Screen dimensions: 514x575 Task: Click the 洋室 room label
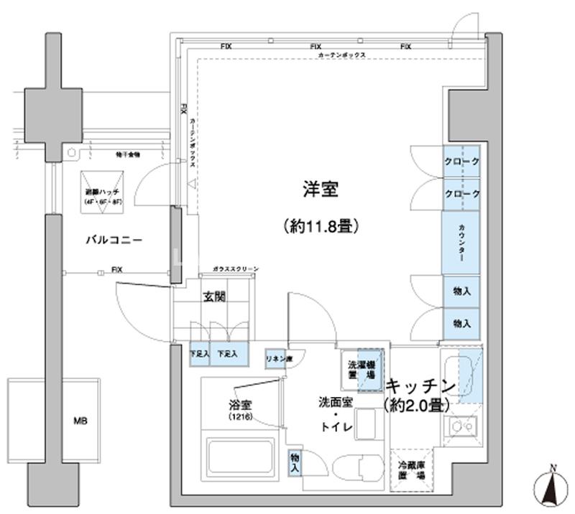click(319, 190)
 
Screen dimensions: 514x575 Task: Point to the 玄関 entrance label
click(213, 296)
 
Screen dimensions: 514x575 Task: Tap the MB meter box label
click(79, 421)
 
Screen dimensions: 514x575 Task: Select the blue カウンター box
click(460, 243)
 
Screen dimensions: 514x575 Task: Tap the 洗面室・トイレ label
click(336, 414)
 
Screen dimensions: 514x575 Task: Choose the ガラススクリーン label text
click(236, 268)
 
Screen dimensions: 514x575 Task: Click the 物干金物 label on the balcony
click(128, 154)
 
